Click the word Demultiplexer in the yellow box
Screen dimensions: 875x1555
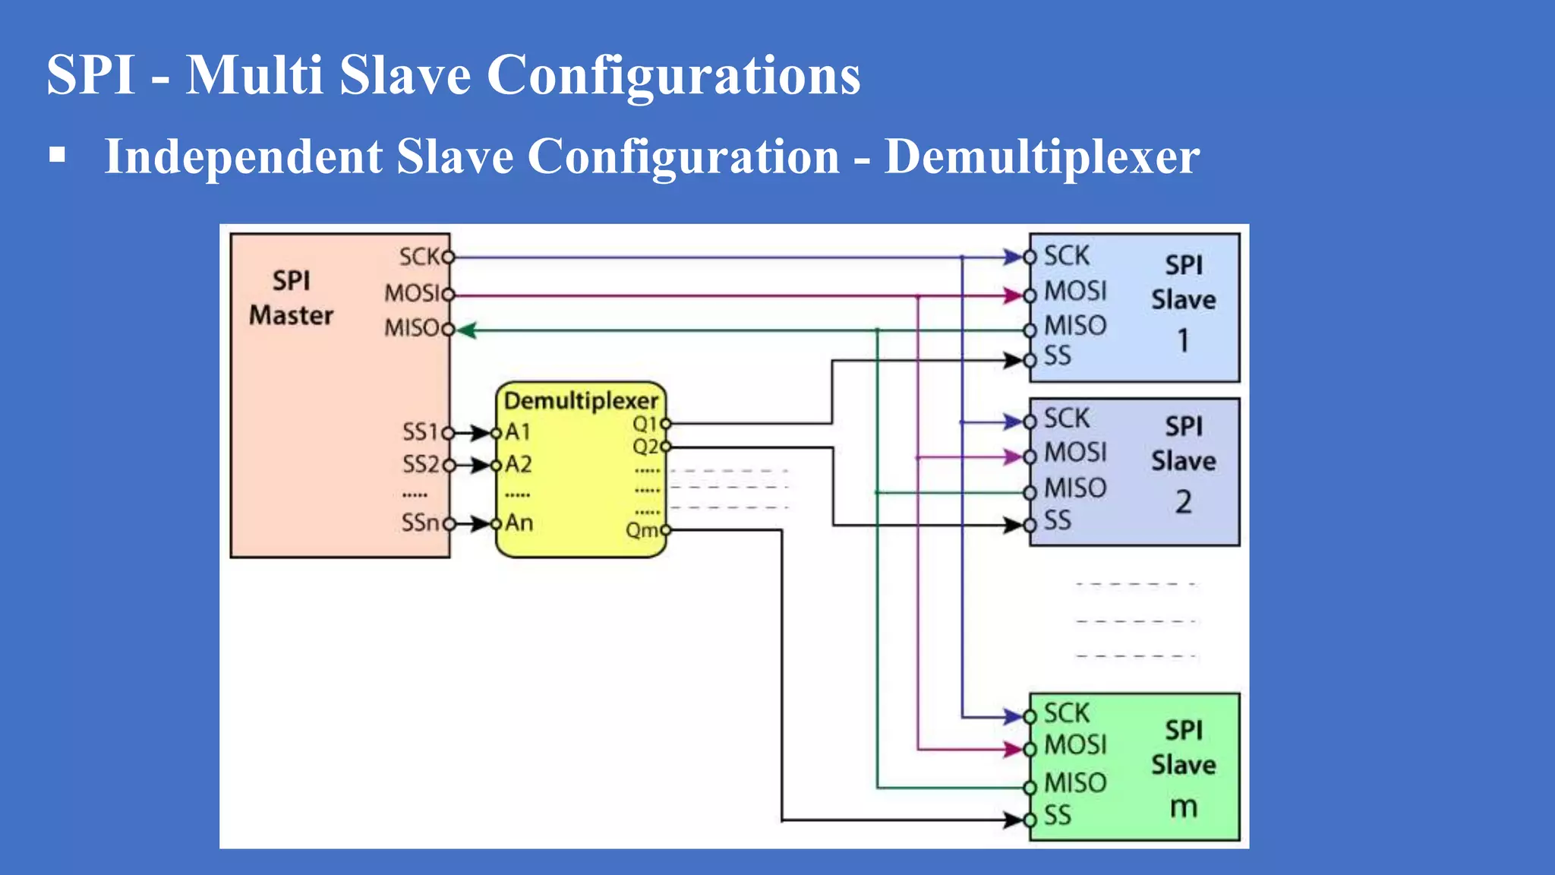tap(581, 400)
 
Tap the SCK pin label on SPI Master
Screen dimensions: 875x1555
tap(419, 257)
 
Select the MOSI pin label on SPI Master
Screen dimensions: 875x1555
tap(412, 293)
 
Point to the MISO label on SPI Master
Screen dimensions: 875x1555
tap(412, 328)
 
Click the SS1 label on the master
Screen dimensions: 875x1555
tap(420, 432)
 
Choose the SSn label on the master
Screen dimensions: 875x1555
tap(420, 523)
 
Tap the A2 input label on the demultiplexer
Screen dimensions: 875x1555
tap(519, 464)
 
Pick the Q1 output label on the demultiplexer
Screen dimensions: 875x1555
tap(645, 424)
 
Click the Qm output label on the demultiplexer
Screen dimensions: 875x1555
tap(642, 529)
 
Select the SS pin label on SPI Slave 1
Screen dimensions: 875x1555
tap(1057, 356)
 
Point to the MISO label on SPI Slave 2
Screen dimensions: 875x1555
tap(1075, 488)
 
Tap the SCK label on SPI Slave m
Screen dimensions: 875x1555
tap(1066, 713)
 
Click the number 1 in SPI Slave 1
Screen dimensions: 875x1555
tap(1183, 340)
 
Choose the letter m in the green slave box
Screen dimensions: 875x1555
tap(1183, 807)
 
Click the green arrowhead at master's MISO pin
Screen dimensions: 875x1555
tap(466, 330)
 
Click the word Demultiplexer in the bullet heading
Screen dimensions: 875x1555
tap(1042, 157)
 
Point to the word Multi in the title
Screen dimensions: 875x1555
tap(254, 75)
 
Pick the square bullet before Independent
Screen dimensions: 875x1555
tap(57, 156)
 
